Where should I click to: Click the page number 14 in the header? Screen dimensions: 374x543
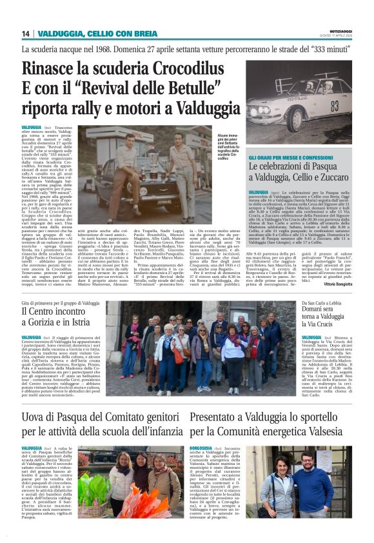26,34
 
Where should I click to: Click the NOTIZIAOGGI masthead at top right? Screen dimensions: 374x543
340,30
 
